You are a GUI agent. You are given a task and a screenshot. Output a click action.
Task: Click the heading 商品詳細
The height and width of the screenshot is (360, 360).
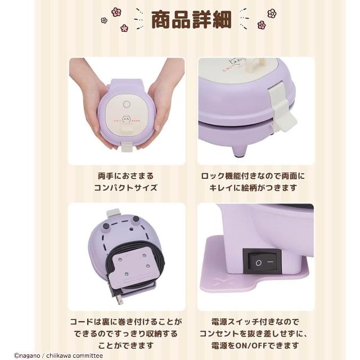point(191,20)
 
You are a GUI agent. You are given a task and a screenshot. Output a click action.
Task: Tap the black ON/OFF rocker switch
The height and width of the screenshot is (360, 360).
point(262,261)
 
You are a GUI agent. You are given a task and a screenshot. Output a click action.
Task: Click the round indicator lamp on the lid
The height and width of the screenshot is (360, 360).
point(127,105)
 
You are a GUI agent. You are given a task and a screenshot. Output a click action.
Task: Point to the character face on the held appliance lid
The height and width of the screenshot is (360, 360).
point(127,119)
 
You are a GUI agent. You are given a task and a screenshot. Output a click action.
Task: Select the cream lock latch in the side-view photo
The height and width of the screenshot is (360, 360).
point(281,109)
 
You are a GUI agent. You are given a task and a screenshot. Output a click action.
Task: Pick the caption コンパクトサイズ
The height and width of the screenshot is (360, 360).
point(126,188)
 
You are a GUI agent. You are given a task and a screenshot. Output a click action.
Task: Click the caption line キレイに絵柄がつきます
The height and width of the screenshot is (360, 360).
point(253,188)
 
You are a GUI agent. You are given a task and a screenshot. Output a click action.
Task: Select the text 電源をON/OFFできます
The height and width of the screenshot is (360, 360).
point(255,345)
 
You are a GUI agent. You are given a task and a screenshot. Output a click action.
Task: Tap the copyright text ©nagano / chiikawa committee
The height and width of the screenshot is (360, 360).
point(58,356)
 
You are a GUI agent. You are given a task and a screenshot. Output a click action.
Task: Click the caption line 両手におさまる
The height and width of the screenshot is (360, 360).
point(126,176)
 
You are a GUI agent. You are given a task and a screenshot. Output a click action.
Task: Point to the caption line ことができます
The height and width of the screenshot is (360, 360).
point(125,345)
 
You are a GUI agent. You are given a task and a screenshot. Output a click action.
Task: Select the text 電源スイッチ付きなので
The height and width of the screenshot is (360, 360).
point(255,322)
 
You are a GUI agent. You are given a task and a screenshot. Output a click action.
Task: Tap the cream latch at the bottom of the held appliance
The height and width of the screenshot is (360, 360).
point(127,147)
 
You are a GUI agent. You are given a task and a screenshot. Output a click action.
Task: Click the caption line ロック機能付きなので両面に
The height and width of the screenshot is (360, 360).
point(253,176)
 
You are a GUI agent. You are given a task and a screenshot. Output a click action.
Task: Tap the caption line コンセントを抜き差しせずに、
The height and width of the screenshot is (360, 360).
point(253,334)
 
